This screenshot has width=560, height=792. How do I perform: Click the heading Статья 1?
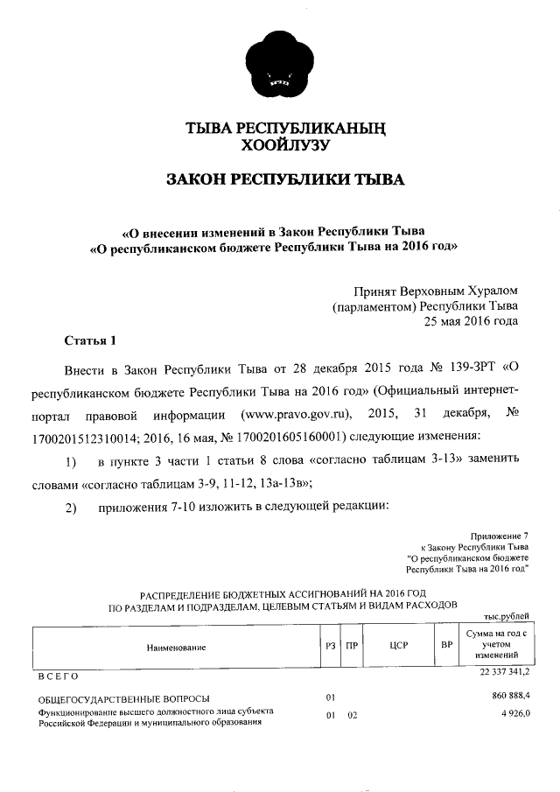point(90,340)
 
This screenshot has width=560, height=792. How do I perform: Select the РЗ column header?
point(329,647)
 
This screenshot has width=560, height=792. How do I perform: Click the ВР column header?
point(446,647)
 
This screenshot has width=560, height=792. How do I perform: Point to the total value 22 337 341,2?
point(504,671)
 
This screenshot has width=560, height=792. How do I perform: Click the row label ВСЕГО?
point(58,676)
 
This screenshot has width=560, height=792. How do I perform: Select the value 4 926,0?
point(514,714)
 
